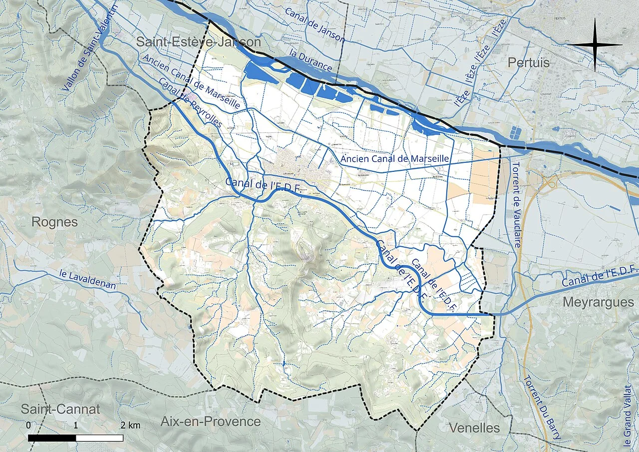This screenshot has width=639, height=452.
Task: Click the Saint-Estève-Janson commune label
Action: [199, 42]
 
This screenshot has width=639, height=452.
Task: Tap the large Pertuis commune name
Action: [529, 63]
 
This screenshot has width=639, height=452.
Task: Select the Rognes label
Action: [54, 222]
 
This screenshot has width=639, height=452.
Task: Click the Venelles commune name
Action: [474, 428]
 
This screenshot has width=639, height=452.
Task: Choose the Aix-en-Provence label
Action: [210, 422]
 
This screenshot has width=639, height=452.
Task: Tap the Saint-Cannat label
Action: [60, 410]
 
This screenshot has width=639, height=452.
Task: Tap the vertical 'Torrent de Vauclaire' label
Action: [517, 205]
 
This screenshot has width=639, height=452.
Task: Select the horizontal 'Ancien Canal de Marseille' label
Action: [395, 158]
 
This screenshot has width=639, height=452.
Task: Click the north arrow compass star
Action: [595, 45]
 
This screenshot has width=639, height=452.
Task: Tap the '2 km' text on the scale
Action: [130, 426]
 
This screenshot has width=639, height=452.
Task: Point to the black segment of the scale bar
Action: [52, 438]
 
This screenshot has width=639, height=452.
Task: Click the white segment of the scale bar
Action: [99, 438]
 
